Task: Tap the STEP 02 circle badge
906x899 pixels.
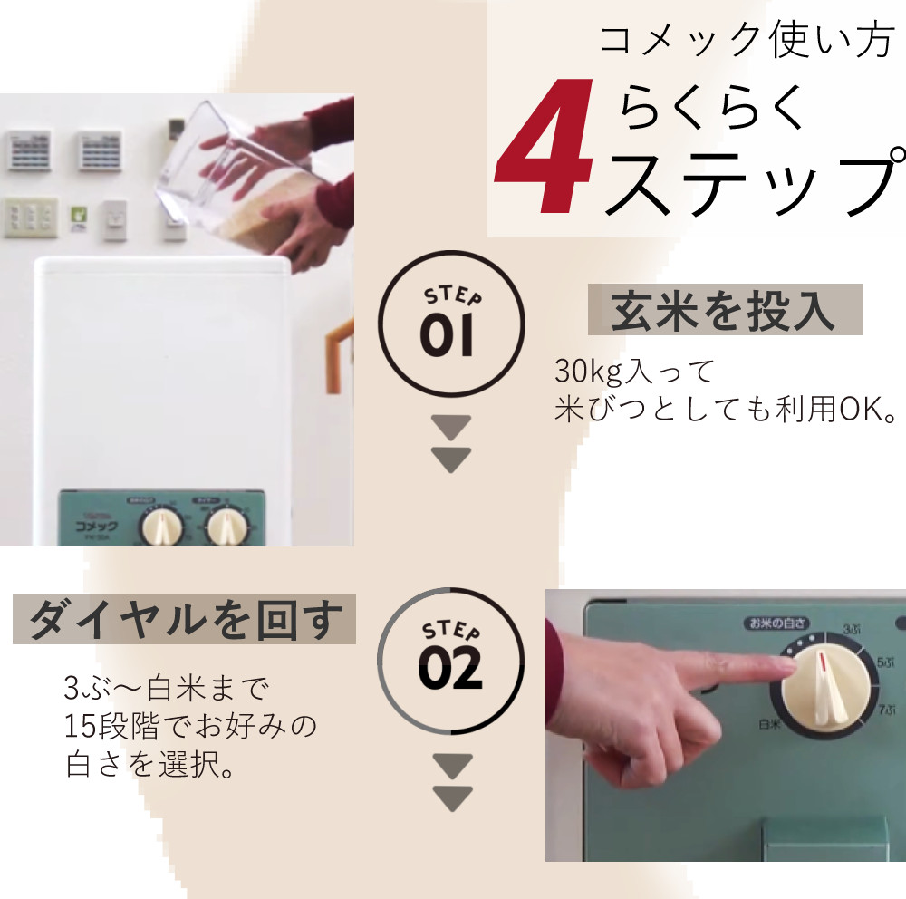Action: coord(450,660)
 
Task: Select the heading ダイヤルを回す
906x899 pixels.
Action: coord(185,622)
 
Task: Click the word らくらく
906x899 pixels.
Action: coord(713,109)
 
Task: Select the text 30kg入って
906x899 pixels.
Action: coord(634,372)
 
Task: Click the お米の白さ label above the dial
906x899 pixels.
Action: coord(777,623)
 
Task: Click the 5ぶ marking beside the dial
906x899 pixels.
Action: coord(885,663)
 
